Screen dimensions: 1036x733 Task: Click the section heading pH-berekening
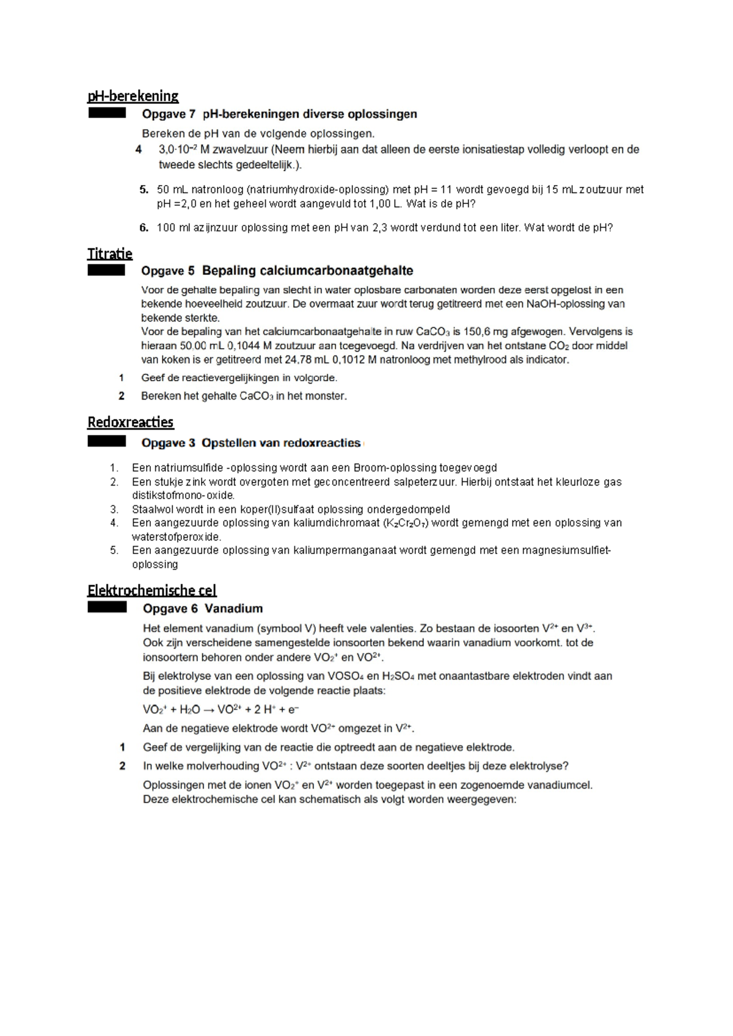(133, 96)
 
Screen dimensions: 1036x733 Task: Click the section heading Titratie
(110, 254)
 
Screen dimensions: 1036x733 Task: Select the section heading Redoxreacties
(130, 422)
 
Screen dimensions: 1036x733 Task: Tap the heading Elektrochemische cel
(151, 590)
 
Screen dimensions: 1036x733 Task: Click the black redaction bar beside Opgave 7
(107, 113)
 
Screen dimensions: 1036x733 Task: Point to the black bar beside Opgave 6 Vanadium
(107, 607)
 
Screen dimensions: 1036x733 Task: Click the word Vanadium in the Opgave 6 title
(233, 608)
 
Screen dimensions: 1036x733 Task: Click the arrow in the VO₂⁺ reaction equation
(209, 709)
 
